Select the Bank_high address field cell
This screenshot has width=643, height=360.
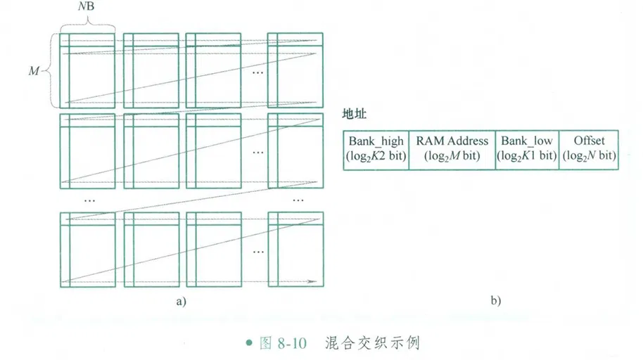376,149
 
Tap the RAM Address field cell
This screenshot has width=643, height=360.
452,149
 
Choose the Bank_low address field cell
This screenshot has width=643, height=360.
527,149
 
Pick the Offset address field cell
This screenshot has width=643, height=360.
589,149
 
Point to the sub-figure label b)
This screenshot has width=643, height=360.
495,301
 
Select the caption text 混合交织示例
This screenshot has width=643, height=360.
373,344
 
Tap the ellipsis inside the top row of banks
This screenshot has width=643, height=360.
257,72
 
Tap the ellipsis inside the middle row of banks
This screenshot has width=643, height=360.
257,151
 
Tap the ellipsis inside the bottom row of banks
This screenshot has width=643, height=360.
257,250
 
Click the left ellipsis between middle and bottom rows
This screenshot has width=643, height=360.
89,199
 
